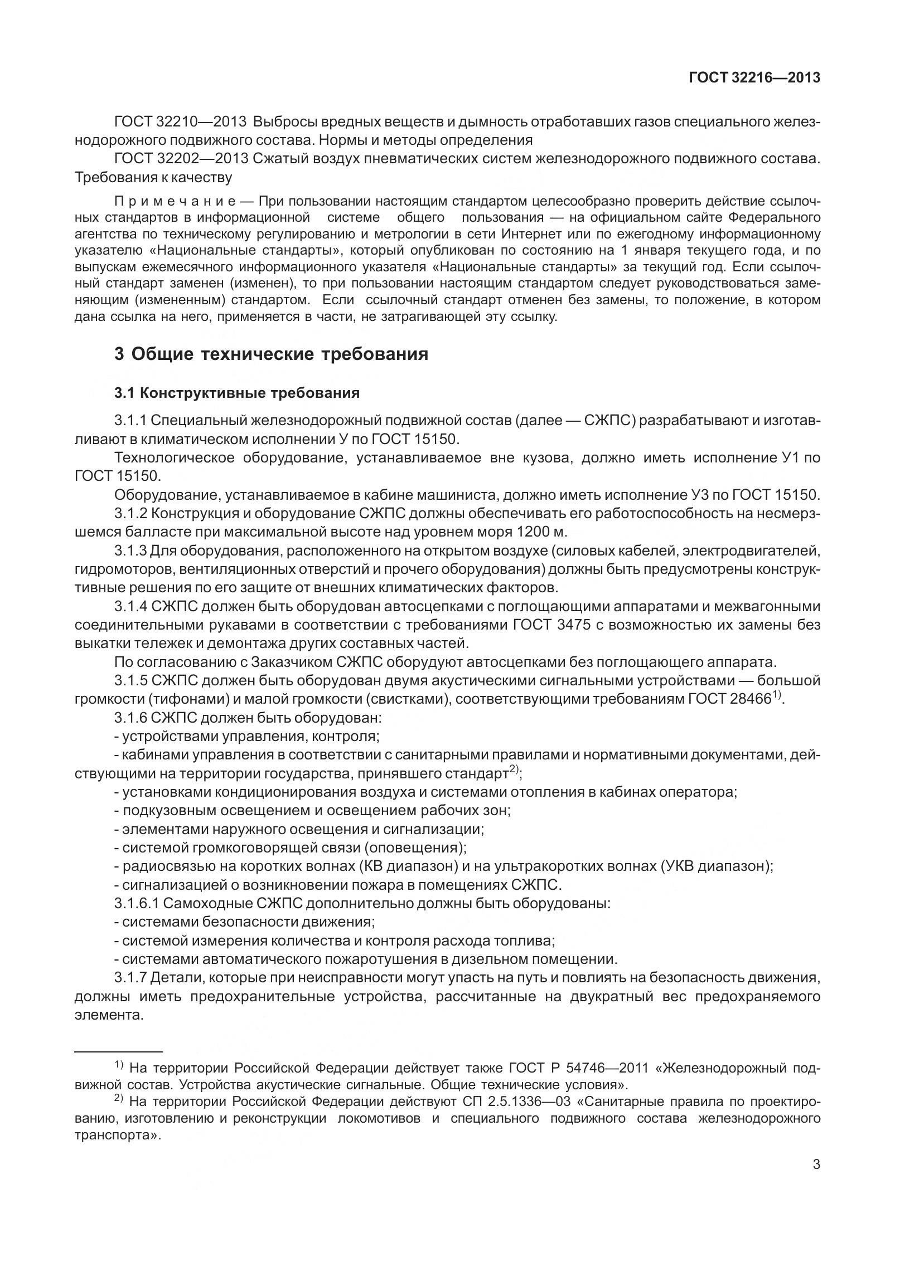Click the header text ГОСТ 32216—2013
pos(754,78)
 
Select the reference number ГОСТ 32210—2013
pos(181,121)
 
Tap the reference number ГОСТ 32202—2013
pos(181,159)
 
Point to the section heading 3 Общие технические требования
pos(271,354)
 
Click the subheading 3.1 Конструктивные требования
pos(237,393)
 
